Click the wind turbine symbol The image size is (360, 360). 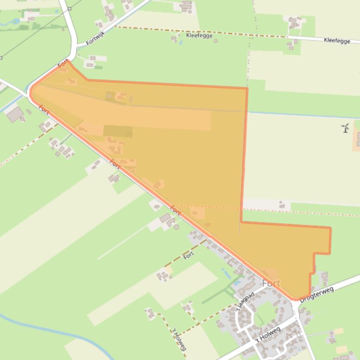pyautogui.click(x=345, y=128)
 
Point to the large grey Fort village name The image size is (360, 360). pyautogui.click(x=271, y=283)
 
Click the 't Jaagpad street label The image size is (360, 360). pyautogui.click(x=245, y=301)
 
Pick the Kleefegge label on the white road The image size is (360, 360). pyautogui.click(x=337, y=41)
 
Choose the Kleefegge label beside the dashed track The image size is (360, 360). pyautogui.click(x=199, y=36)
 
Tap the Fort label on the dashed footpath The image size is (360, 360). pyautogui.click(x=189, y=255)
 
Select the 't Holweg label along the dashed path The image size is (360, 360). pyautogui.click(x=179, y=338)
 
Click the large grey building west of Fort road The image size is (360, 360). pyautogui.click(x=15, y=114)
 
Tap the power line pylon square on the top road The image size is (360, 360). pyautogui.click(x=69, y=8)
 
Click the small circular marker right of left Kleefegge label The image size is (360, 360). pyautogui.click(x=216, y=41)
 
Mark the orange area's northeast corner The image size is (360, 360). pyautogui.click(x=247, y=88)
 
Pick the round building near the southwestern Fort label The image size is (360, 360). pyautogui.click(x=176, y=227)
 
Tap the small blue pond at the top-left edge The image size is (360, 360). pyautogui.click(x=15, y=21)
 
